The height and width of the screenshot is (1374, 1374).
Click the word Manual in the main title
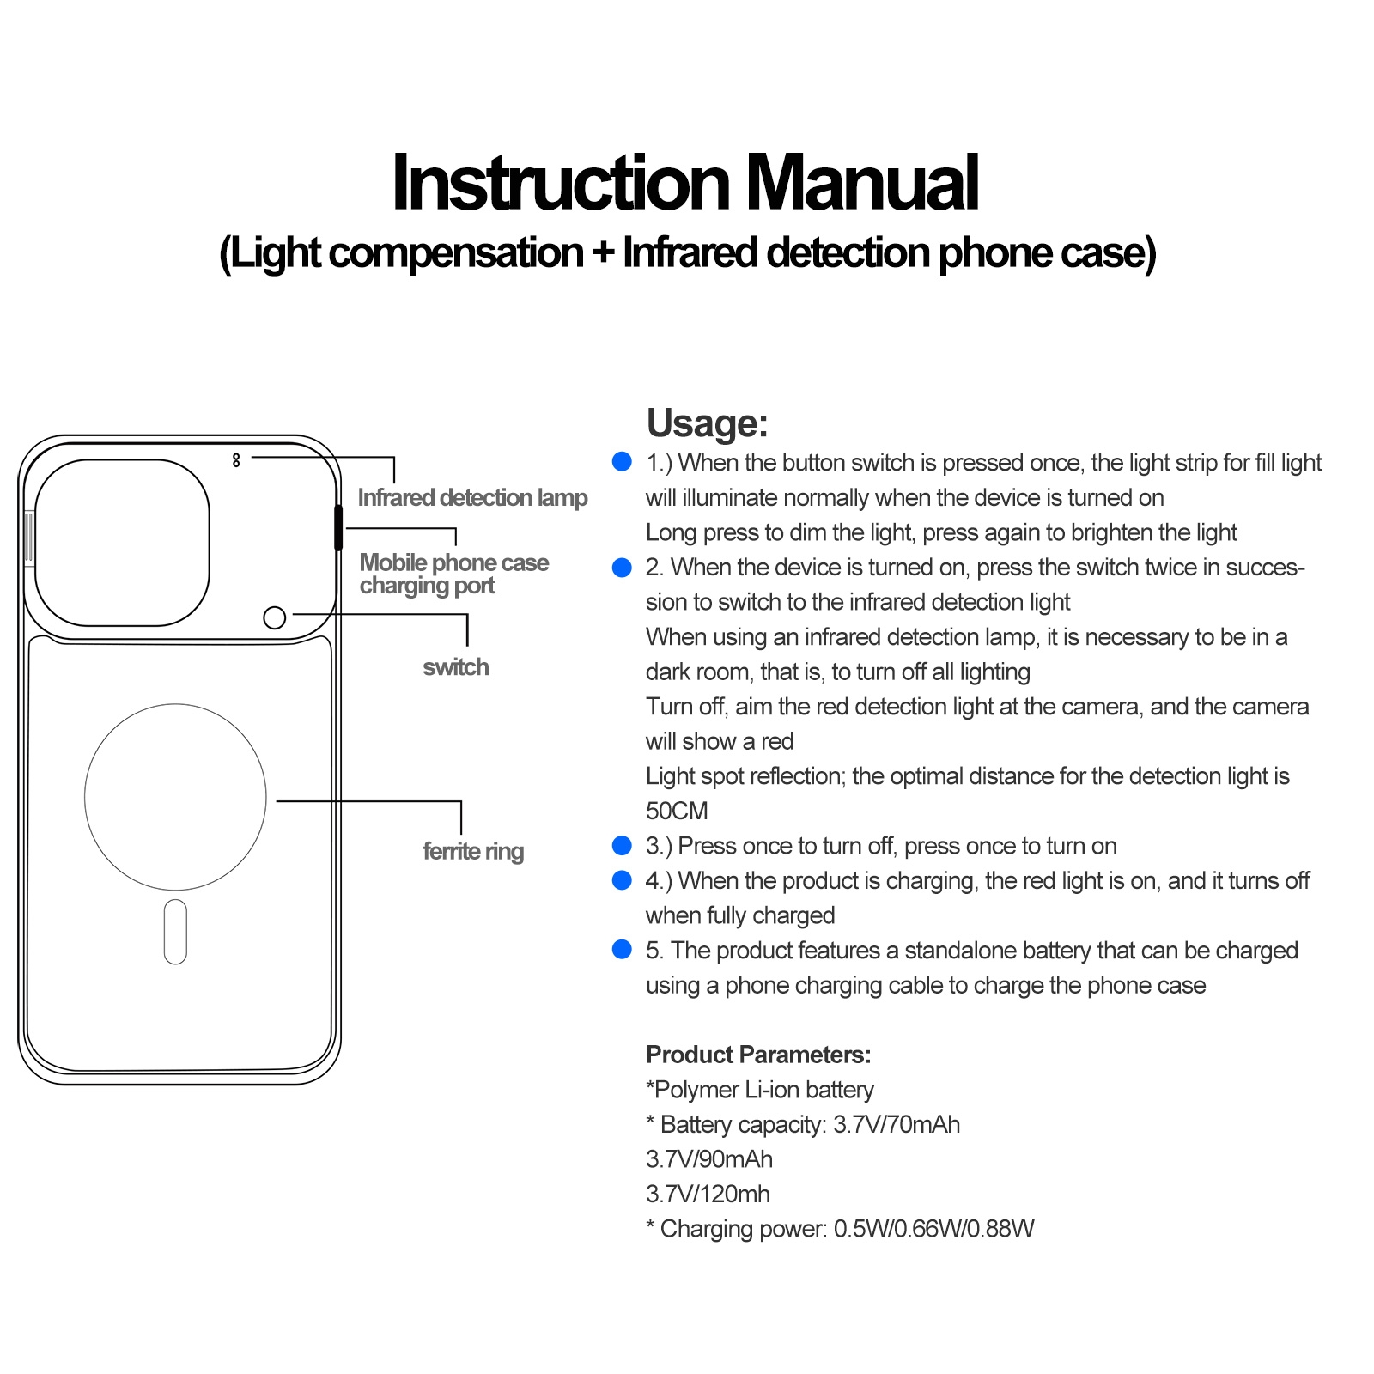point(861,183)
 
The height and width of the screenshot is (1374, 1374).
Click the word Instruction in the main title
point(560,183)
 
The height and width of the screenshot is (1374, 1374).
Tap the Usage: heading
point(707,423)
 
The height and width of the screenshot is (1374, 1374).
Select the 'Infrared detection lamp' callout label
point(472,498)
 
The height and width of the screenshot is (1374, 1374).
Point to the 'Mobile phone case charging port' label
point(453,574)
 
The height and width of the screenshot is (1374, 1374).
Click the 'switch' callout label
point(455,667)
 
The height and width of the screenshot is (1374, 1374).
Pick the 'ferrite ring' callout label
point(473,851)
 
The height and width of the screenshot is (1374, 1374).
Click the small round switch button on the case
point(275,617)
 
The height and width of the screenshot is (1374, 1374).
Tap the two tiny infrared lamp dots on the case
point(236,460)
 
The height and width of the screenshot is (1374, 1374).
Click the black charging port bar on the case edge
point(338,527)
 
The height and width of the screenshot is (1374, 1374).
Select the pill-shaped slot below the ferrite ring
point(175,932)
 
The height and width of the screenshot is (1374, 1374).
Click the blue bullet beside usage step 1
point(622,462)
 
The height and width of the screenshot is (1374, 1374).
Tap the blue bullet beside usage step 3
point(622,846)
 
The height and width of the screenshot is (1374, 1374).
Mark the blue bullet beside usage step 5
point(622,950)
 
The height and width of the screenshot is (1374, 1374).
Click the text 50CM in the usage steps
point(677,811)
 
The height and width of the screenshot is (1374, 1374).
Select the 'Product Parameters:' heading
point(758,1055)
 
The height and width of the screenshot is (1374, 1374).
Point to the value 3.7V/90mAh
point(709,1159)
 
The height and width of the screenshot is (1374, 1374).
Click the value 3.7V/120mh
point(708,1194)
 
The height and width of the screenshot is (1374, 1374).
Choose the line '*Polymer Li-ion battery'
point(759,1090)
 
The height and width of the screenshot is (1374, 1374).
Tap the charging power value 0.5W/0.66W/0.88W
point(933,1229)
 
